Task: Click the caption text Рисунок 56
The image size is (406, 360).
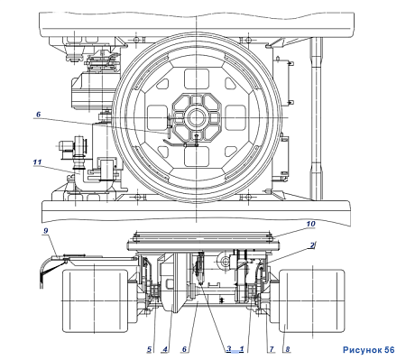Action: tap(368, 350)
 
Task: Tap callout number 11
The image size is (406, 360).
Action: tap(37, 162)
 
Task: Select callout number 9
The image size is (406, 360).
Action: tap(46, 231)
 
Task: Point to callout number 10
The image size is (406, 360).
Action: tap(310, 224)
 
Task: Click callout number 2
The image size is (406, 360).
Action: tap(312, 245)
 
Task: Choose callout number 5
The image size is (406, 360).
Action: tap(149, 349)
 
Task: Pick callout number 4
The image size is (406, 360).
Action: tap(165, 349)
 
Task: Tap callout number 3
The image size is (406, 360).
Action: tap(229, 348)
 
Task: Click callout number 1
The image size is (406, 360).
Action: tap(242, 349)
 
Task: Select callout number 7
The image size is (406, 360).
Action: tap(272, 349)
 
